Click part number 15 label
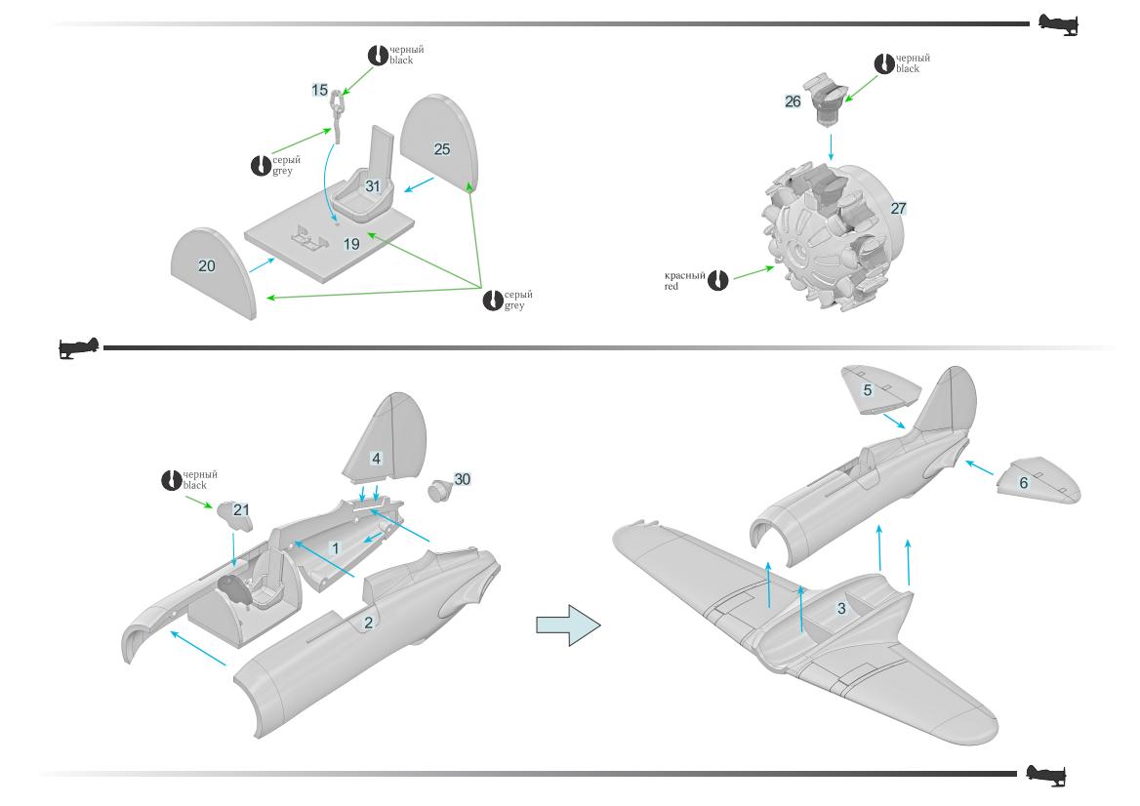[x=320, y=90]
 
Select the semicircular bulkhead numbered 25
[x=441, y=148]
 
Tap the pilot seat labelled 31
[x=372, y=185]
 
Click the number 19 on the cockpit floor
[x=351, y=244]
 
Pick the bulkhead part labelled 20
[x=207, y=265]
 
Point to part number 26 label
[x=793, y=101]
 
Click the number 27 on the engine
[x=898, y=208]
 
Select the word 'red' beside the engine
[x=672, y=287]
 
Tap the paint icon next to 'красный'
[x=717, y=281]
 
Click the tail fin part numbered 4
[x=376, y=458]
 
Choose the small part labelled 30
[x=462, y=479]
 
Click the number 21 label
[x=241, y=509]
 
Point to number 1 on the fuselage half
[x=335, y=548]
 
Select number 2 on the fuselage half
[x=368, y=623]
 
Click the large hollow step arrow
[x=567, y=625]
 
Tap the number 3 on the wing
[x=841, y=608]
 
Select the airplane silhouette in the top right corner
[x=1058, y=23]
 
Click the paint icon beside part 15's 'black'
[x=377, y=55]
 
